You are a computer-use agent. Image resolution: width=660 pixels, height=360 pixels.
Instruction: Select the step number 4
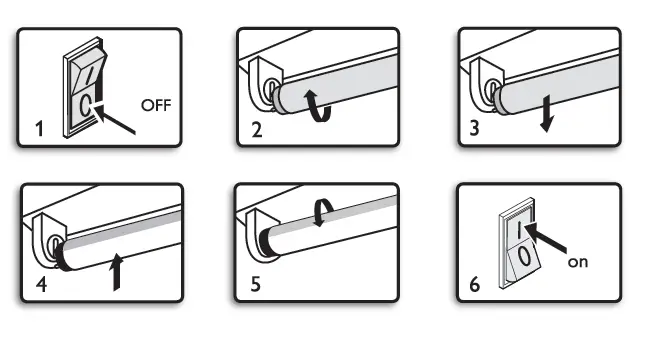tap(40, 284)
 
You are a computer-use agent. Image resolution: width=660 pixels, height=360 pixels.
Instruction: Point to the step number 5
tap(256, 284)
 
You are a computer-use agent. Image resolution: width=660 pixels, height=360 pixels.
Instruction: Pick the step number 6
tap(475, 284)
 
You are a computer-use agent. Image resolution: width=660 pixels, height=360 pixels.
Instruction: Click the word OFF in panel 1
tap(155, 105)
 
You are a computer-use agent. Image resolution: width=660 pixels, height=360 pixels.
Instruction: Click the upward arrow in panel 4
tap(121, 271)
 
